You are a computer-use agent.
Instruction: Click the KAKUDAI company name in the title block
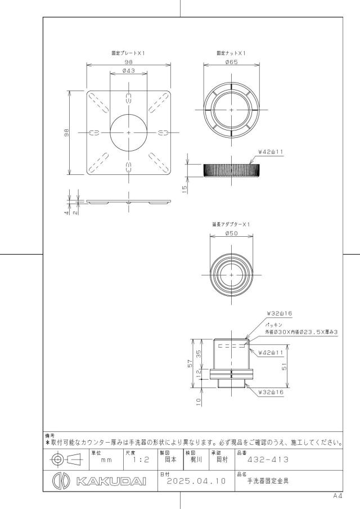(x=111, y=481)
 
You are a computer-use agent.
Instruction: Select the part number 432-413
(x=268, y=460)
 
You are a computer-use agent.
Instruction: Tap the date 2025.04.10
(x=196, y=481)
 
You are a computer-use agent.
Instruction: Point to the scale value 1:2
(x=141, y=460)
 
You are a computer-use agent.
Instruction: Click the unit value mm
(x=106, y=460)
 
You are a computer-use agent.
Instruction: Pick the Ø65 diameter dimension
(x=231, y=62)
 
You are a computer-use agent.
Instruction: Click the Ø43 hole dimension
(x=129, y=70)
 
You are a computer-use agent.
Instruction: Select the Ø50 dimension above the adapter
(x=231, y=233)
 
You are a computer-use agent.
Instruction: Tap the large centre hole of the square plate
(x=129, y=132)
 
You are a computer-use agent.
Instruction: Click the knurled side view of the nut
(x=231, y=170)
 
